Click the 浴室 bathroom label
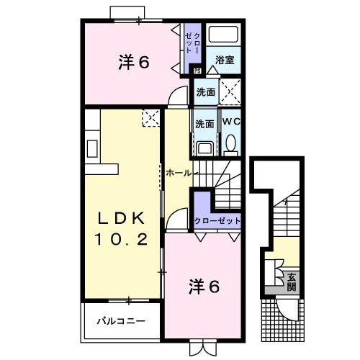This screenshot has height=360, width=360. click(225, 61)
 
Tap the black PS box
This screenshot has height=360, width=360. click(197, 70)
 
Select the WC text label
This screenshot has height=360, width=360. click(230, 122)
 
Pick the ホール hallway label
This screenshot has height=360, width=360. click(178, 173)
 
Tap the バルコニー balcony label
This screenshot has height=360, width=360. click(122, 322)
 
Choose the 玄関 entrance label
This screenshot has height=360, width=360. click(292, 282)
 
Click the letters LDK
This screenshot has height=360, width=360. click(122, 218)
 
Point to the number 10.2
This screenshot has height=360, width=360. click(122, 240)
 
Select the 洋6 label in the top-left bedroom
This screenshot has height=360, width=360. click(134, 63)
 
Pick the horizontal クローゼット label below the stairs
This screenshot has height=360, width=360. click(217, 221)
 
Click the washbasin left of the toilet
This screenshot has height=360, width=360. click(204, 148)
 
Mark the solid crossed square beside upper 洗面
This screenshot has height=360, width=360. click(230, 92)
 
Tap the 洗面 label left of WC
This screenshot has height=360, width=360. click(205, 124)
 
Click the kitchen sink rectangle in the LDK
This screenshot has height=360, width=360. click(92, 148)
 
